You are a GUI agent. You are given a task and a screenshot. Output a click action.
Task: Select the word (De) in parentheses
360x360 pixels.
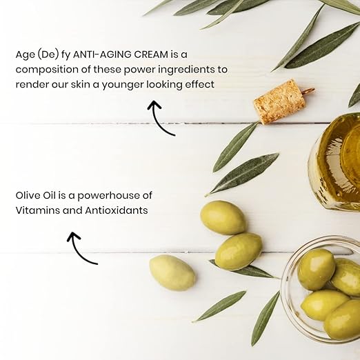[48, 55]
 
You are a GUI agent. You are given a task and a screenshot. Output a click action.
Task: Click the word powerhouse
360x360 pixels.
[110, 196]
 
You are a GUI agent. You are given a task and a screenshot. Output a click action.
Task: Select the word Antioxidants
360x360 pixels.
[117, 210]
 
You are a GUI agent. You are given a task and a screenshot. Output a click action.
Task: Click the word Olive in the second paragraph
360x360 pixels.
[28, 195]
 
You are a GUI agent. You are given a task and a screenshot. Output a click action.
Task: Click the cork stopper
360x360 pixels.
[279, 101]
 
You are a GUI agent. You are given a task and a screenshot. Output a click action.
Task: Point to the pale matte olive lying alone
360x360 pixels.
[172, 272]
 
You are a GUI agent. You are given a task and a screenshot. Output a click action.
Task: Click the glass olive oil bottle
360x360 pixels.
[334, 161]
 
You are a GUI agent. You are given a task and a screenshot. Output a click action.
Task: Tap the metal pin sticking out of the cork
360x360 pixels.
[308, 90]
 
